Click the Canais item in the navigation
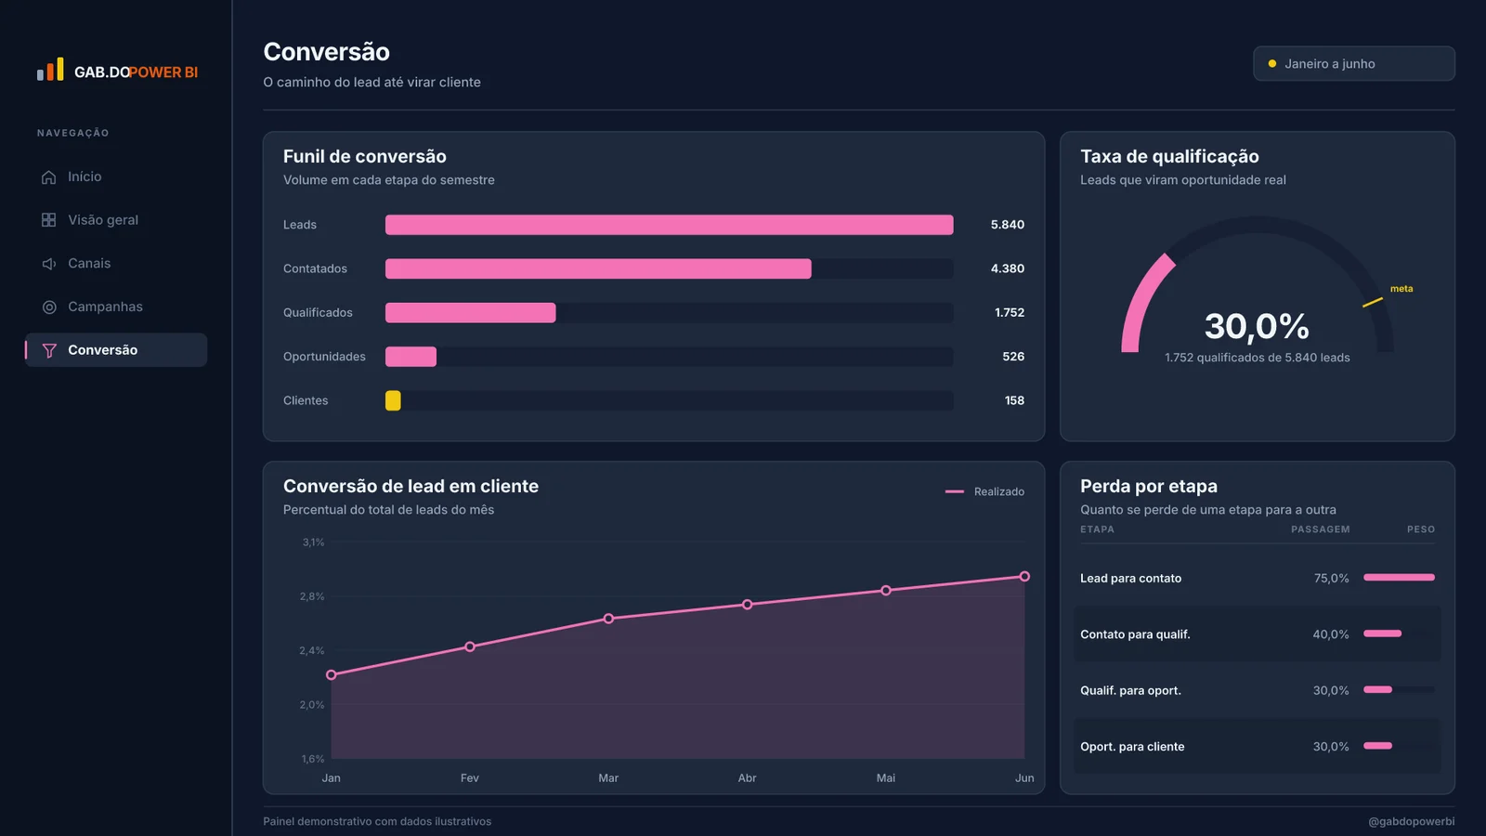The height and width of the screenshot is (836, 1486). pos(89,264)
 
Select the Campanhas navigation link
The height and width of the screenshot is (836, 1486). pos(105,307)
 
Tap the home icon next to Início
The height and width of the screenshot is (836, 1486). pos(48,177)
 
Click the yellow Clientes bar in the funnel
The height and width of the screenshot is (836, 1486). pos(393,400)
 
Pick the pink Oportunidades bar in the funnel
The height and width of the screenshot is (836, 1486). pos(411,357)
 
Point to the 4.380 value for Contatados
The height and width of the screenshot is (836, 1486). pos(1007,268)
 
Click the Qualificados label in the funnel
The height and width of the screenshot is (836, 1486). pos(318,312)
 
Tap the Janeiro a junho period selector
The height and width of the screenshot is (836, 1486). pos(1354,64)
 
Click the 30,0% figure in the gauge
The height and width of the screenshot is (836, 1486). pos(1257,326)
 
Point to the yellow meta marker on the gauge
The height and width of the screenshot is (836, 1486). pos(1373,303)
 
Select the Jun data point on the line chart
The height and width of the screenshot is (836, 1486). pos(1024,577)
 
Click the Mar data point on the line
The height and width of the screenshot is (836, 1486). pos(608,619)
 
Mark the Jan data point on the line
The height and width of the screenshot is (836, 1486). pos(331,674)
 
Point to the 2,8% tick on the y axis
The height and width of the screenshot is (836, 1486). pos(312,596)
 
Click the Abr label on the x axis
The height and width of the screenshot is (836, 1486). pos(747,777)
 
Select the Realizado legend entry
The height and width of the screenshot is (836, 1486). pos(984,491)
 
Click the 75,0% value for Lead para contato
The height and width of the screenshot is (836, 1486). pos(1332,578)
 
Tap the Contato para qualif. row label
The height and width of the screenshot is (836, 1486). pos(1135,634)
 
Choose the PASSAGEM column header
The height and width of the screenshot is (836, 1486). pos(1320,529)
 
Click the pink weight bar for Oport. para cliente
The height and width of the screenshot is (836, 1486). pos(1378,746)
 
